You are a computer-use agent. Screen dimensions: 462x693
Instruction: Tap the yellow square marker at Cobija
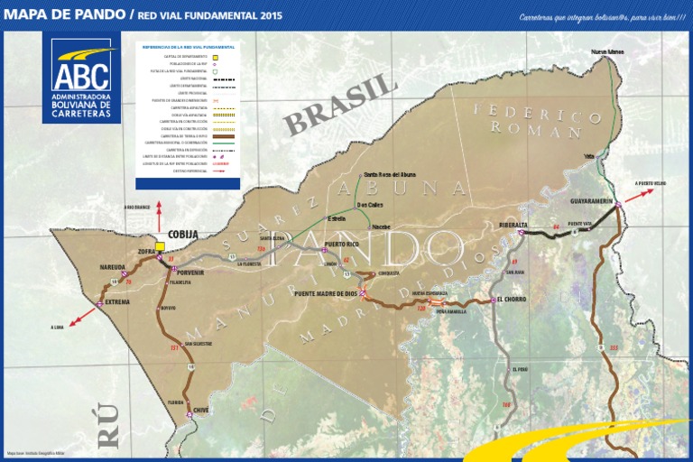point(160,246)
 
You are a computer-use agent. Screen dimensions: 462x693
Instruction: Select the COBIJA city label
point(182,235)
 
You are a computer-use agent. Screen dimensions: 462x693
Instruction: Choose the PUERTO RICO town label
point(341,245)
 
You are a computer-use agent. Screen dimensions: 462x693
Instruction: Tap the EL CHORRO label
point(510,299)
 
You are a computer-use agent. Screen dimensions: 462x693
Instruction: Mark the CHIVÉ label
point(201,410)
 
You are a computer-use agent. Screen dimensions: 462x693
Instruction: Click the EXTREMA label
point(117,302)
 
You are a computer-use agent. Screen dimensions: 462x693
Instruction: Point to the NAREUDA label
point(113,268)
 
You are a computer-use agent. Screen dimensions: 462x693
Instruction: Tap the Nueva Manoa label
point(607,52)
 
